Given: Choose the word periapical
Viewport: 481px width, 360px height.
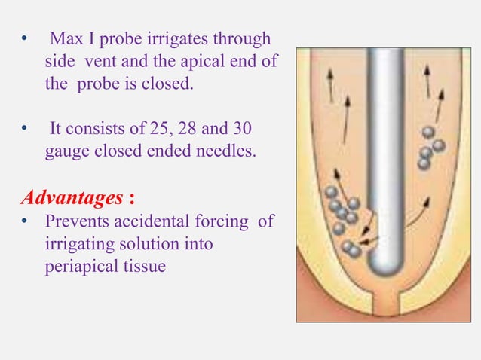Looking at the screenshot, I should pyautogui.click(x=79, y=267).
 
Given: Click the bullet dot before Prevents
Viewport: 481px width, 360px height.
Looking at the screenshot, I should pyautogui.click(x=24, y=221).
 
